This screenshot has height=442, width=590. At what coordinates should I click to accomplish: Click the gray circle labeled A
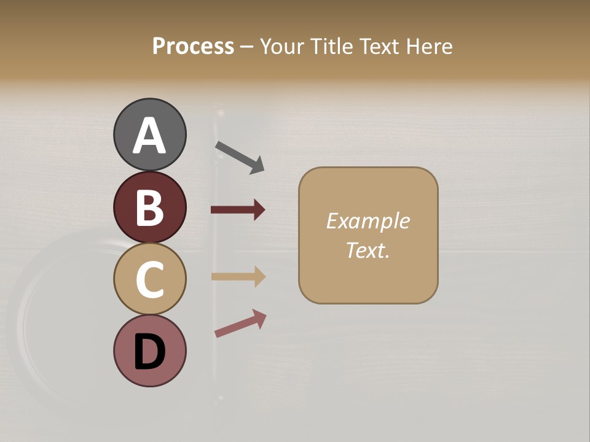pyautogui.click(x=149, y=134)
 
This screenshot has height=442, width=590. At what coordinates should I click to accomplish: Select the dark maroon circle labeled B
pyautogui.click(x=149, y=207)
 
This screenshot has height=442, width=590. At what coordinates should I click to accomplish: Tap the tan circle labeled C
pyautogui.click(x=149, y=279)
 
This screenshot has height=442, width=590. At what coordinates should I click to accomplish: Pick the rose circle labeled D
pyautogui.click(x=149, y=351)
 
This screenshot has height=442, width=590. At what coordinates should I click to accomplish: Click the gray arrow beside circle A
pyautogui.click(x=240, y=157)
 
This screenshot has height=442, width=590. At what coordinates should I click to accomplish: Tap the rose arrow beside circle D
pyautogui.click(x=240, y=324)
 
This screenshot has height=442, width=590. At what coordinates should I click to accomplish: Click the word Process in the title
pyautogui.click(x=193, y=47)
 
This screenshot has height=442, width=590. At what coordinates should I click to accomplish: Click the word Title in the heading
pyautogui.click(x=329, y=47)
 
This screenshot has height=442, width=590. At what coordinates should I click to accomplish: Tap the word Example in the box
pyautogui.click(x=368, y=221)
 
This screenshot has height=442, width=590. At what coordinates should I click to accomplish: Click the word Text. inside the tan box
pyautogui.click(x=368, y=250)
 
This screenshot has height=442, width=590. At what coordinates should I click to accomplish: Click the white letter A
pyautogui.click(x=149, y=136)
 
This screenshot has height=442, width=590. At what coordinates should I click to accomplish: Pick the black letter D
pyautogui.click(x=149, y=352)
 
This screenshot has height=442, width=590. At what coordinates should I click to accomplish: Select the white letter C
pyautogui.click(x=149, y=280)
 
